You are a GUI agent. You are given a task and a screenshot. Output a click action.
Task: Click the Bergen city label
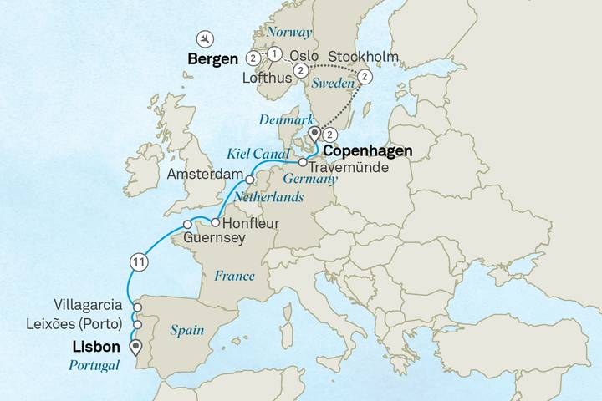pos(213,59)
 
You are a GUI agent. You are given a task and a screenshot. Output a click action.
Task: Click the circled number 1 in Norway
pos(274,53)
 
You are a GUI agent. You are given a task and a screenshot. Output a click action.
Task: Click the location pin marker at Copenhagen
pos(314,135)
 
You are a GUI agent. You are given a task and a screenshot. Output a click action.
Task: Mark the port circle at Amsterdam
pos(249,180)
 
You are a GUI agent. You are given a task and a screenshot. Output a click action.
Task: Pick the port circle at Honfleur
pos(215,223)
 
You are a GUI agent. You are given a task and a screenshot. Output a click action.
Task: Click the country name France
pos(234,275)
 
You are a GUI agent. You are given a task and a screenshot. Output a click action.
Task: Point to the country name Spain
pos(187,330)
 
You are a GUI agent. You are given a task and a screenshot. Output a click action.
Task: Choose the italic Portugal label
pos(88,365)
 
